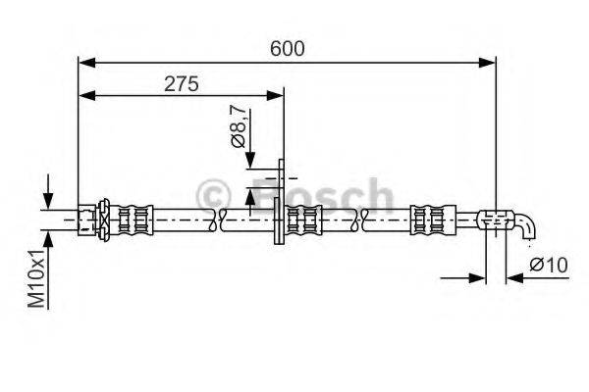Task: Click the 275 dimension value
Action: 182,83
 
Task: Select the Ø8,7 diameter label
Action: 239,128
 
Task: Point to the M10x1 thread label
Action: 36,279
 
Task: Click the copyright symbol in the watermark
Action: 214,195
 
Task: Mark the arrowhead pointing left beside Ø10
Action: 513,278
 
